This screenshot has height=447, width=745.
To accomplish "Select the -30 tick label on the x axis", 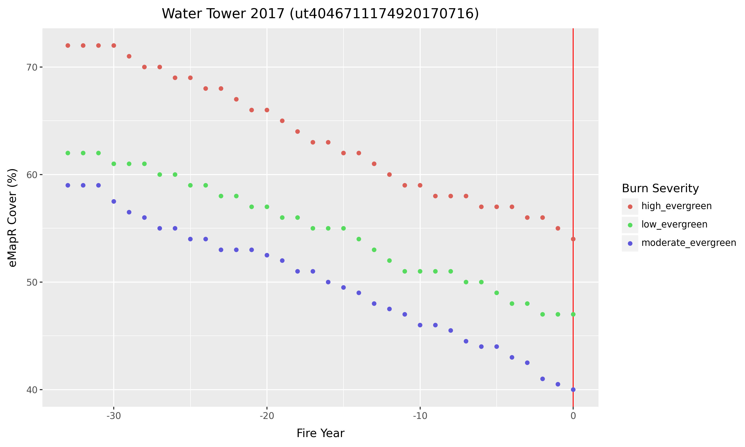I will click(x=113, y=416).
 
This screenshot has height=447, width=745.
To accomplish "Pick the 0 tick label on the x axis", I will click(x=573, y=416).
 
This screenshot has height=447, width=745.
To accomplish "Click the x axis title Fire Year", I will click(x=320, y=433).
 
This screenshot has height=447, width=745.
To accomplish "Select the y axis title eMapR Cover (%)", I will click(x=13, y=218).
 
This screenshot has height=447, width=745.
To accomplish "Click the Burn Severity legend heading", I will click(x=660, y=188).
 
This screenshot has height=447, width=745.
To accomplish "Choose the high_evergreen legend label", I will click(x=676, y=206).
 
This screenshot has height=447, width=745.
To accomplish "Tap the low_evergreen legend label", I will click(x=674, y=224).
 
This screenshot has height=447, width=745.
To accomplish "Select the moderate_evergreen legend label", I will click(x=689, y=243).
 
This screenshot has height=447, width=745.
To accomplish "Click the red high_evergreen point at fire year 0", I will click(x=573, y=239).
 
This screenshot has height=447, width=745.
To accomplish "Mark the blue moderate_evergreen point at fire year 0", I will click(x=573, y=389).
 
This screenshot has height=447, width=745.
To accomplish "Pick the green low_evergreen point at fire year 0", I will click(x=573, y=314).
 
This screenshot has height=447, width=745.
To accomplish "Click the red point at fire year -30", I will click(x=113, y=45).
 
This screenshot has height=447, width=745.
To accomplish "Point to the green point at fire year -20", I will click(x=267, y=207).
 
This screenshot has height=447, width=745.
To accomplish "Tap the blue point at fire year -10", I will click(x=420, y=325).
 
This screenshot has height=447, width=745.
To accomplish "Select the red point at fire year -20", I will click(x=267, y=110).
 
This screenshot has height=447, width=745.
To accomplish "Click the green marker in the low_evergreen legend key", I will click(x=630, y=225).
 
